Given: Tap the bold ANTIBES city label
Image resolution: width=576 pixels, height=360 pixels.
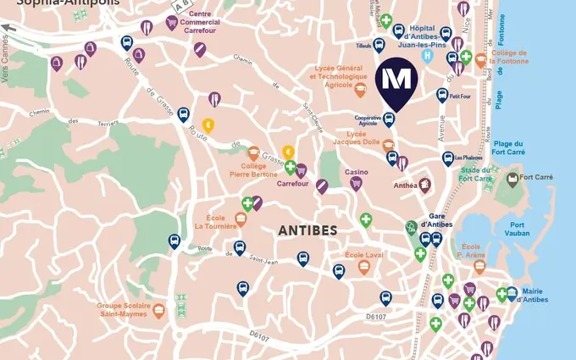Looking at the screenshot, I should pos(307,230).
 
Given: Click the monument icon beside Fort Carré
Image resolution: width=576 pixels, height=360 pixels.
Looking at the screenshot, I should pos(512,179).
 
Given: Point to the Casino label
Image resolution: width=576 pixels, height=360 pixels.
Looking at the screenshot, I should pos(356,172).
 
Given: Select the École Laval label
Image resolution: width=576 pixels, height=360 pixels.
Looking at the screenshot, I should pos(363,255).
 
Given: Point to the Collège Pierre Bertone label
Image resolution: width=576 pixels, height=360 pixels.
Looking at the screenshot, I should pos(252,170).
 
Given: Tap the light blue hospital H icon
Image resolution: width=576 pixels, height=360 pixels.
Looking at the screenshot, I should pos(428,56).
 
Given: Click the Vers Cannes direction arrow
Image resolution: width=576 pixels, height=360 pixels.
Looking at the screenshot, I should pos(8,28).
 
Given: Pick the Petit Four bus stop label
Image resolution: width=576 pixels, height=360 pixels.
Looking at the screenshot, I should pos(461,97).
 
